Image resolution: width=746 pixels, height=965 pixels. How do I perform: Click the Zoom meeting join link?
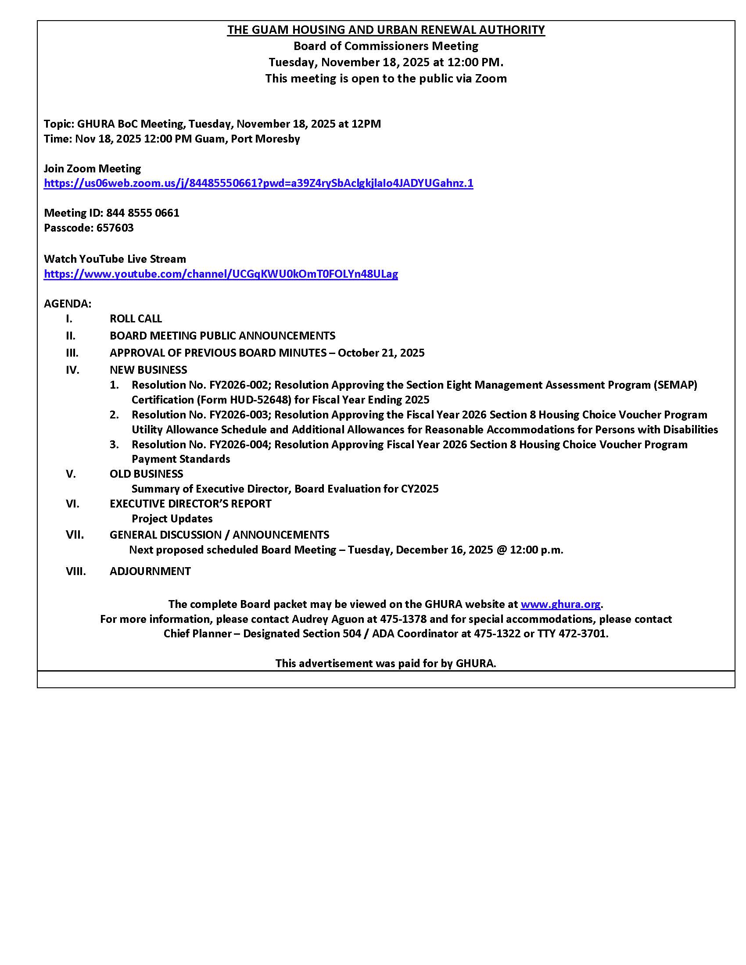258,183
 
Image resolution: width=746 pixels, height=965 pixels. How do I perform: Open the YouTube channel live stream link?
221,274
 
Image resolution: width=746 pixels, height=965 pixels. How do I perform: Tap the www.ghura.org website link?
560,604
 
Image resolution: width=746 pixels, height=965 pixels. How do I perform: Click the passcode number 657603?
115,228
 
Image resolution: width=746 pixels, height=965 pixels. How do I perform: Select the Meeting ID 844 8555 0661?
142,213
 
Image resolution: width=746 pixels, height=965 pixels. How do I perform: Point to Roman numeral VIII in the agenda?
75,571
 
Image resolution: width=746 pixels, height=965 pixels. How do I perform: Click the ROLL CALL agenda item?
136,318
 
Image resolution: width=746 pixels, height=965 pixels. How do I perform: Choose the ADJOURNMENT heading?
150,571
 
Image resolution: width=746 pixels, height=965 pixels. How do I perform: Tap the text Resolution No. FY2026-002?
200,385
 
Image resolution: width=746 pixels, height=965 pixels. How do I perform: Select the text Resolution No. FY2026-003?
200,415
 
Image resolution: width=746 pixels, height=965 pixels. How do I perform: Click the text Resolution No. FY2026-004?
200,444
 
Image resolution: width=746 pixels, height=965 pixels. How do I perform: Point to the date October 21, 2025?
381,353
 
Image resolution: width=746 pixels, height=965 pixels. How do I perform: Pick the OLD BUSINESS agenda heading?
146,474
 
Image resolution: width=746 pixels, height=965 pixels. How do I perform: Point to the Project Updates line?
172,519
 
